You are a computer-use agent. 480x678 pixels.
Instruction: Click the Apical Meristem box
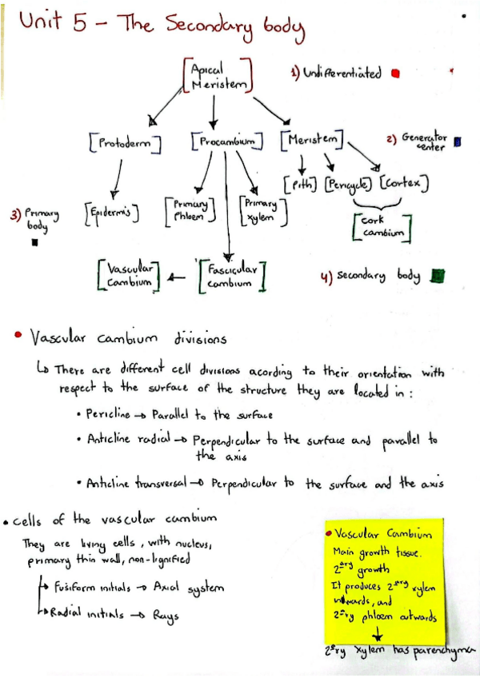click(218, 74)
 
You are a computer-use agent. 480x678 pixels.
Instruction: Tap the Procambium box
click(227, 142)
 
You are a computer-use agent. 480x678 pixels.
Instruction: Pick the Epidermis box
click(112, 214)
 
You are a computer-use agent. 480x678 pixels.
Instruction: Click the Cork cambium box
click(381, 226)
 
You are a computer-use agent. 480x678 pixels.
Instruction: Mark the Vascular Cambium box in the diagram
click(129, 277)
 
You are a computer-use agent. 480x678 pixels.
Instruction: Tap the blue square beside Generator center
click(457, 142)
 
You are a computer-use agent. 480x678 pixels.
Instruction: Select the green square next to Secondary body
click(436, 276)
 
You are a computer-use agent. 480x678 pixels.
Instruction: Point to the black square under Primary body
click(34, 245)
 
